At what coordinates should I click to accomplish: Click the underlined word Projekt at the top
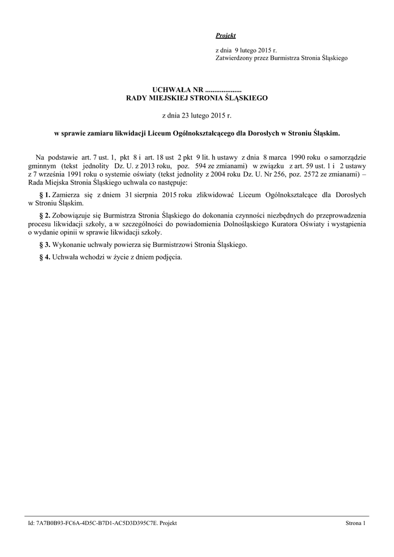[225, 36]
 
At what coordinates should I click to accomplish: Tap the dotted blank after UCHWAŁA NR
[224, 89]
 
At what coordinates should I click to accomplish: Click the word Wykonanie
[66, 245]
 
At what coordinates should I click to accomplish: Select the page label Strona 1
[355, 523]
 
